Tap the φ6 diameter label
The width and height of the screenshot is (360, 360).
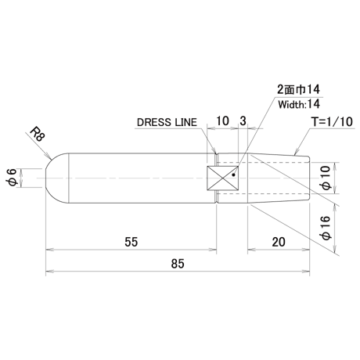pyautogui.click(x=13, y=178)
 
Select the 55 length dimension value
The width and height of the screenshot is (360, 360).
pyautogui.click(x=131, y=242)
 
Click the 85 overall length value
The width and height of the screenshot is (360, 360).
pyautogui.click(x=178, y=264)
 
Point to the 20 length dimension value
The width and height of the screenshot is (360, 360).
pyautogui.click(x=279, y=242)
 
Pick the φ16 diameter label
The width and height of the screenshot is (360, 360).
pyautogui.click(x=326, y=228)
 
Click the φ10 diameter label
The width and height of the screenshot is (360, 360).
pyautogui.click(x=326, y=178)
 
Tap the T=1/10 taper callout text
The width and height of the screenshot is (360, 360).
pyautogui.click(x=332, y=122)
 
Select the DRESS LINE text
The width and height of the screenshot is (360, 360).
pyautogui.click(x=167, y=122)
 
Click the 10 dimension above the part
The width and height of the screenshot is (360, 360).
pyautogui.click(x=222, y=121)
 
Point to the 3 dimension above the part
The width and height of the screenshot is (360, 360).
pyautogui.click(x=243, y=121)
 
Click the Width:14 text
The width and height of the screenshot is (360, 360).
pyautogui.click(x=299, y=104)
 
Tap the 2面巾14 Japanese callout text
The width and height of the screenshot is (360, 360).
pyautogui.click(x=298, y=89)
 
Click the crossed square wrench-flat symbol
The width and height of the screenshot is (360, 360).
pyautogui.click(x=222, y=178)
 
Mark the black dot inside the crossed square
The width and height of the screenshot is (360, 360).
pyautogui.click(x=233, y=175)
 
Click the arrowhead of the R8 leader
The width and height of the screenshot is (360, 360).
pyautogui.click(x=49, y=157)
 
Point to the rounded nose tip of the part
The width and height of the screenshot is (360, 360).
pyautogui.click(x=46, y=178)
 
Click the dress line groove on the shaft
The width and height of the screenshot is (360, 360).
pyautogui.click(x=217, y=178)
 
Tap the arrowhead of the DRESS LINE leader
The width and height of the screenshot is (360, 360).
pyautogui.click(x=215, y=151)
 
